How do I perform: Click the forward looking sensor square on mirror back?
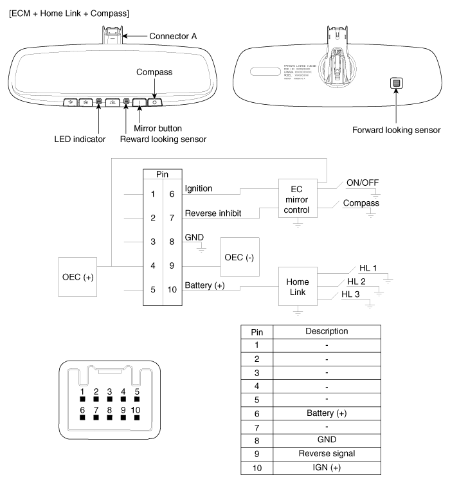pos(397,83)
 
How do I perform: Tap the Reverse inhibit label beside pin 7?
pos(213,213)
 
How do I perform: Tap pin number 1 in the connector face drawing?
pos(82,391)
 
